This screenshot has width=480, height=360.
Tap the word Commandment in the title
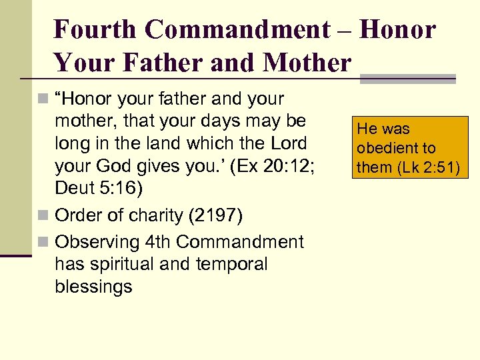click(237, 30)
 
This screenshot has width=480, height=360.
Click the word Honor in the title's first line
click(399, 30)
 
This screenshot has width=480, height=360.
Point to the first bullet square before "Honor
click(43, 100)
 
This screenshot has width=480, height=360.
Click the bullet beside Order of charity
click(43, 216)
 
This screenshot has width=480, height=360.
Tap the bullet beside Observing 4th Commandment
click(43, 242)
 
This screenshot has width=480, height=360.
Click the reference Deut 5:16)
click(99, 189)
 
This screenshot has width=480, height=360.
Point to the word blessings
click(93, 287)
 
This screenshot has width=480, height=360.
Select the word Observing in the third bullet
click(94, 241)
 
